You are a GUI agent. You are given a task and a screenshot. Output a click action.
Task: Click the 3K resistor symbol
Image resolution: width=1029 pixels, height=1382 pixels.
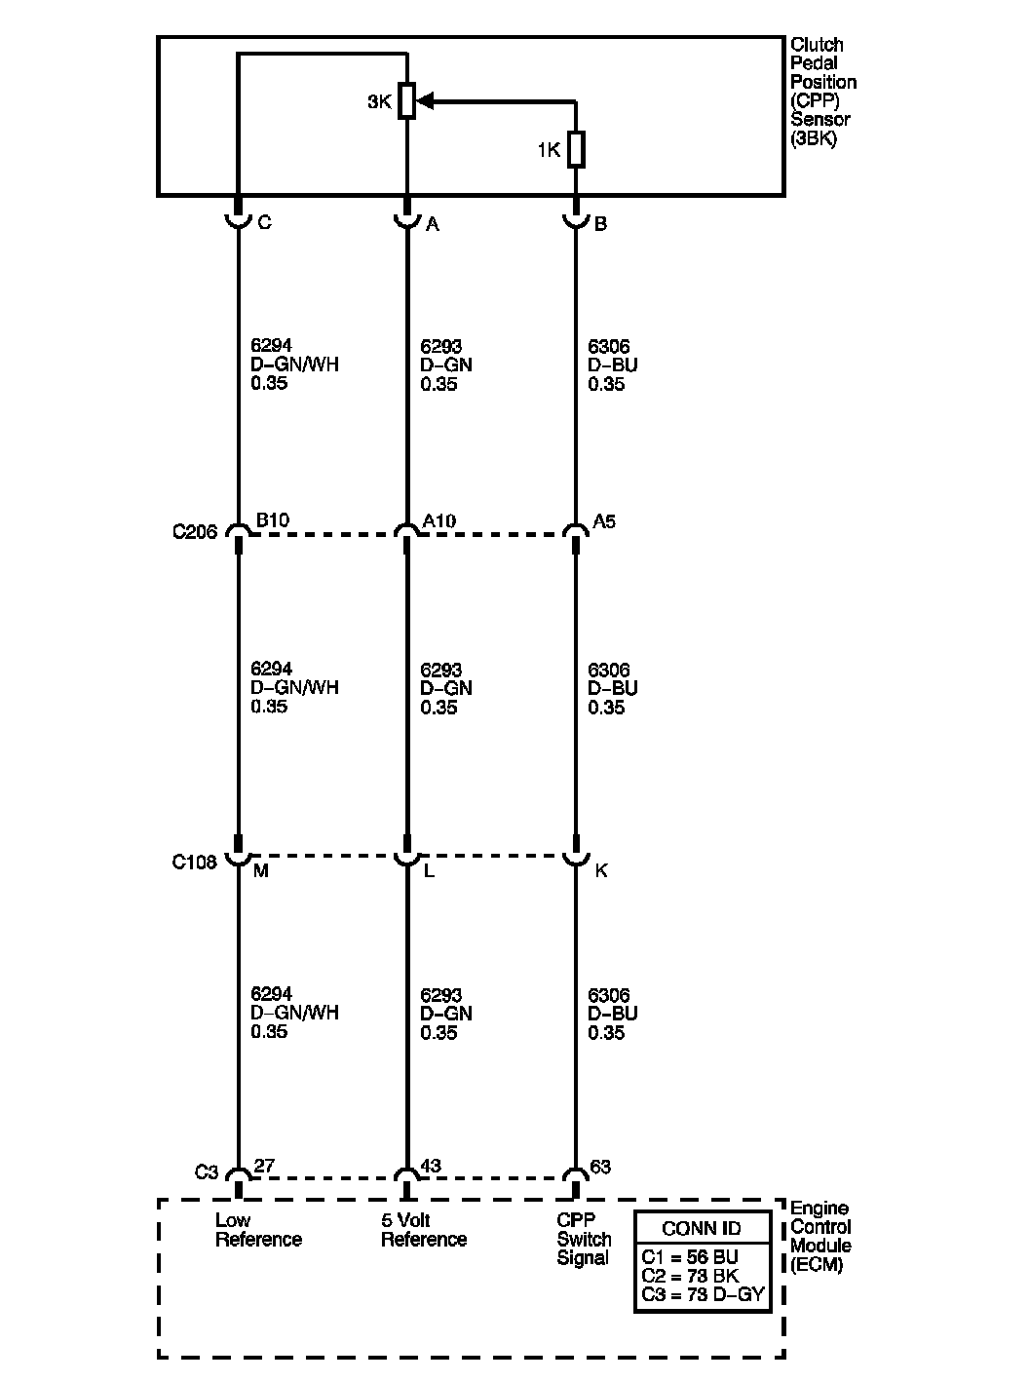point(407,100)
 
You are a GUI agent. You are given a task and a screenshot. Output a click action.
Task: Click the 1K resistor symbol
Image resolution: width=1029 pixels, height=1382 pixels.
point(576,150)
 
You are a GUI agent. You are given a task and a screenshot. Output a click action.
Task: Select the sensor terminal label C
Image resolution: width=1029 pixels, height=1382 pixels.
point(264,223)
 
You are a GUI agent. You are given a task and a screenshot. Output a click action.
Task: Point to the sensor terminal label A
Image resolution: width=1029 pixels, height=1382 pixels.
point(433,224)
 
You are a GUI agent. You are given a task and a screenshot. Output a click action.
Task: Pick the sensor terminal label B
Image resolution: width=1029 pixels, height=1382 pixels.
point(601,224)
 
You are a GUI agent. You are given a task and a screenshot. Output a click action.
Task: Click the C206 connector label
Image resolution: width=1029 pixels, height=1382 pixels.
point(194,532)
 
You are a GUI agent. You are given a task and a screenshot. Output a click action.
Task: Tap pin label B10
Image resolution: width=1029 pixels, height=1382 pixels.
point(272,520)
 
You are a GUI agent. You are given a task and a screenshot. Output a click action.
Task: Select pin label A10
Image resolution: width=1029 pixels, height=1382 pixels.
point(439,521)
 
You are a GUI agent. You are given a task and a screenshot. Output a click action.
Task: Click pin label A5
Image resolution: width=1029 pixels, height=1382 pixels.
point(604,521)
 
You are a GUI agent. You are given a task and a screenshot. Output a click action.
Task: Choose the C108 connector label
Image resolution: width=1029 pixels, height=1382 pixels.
point(194,863)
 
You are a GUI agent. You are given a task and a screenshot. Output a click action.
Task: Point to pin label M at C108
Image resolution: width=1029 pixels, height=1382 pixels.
point(260,870)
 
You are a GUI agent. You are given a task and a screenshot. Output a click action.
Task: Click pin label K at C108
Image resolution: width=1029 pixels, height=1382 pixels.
point(601,870)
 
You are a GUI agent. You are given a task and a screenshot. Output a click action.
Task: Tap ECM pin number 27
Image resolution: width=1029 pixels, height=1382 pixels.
point(264,1166)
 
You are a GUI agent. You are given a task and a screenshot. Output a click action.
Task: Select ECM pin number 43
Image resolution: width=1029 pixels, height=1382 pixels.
point(433,1166)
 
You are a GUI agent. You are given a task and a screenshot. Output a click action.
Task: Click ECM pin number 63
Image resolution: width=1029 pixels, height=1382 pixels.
point(601,1167)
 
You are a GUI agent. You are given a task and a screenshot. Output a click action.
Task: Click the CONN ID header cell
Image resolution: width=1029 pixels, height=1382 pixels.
point(702,1228)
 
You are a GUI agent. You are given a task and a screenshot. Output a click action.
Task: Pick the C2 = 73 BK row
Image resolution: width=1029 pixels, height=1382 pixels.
point(690,1276)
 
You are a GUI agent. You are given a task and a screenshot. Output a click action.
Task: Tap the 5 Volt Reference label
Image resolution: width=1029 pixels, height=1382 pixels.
point(423,1230)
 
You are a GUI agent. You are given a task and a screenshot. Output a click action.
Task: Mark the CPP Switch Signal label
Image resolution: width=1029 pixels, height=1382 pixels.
point(584,1239)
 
